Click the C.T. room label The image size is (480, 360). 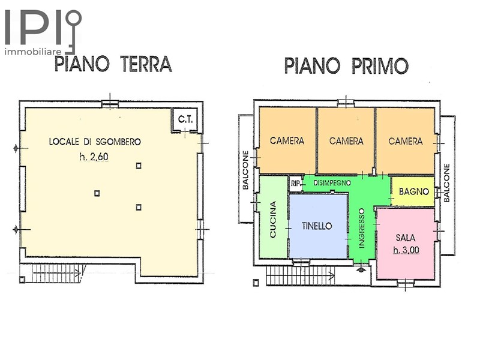click(185, 119)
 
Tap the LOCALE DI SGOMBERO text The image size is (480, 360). click(95, 142)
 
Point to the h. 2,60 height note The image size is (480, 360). click(94, 157)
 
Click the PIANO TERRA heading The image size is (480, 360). click(113, 64)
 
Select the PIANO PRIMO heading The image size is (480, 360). click(346, 65)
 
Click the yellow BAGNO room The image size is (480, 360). click(413, 191)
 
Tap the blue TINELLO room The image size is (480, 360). click(318, 226)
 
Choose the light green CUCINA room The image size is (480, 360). click(272, 217)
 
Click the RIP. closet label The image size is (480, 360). click(295, 184)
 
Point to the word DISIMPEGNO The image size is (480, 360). click(332, 183)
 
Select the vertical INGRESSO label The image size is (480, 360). click(362, 228)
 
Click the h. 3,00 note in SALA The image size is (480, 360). click(406, 250)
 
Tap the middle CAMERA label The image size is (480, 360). click(346, 141)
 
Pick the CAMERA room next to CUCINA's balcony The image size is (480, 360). click(287, 140)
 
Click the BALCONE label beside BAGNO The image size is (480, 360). click(446, 183)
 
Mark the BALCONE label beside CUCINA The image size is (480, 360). click(245, 170)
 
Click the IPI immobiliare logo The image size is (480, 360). click(43, 32)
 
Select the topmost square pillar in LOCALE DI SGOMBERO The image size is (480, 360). click(139, 166)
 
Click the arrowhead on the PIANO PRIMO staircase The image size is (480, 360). click(332, 276)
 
